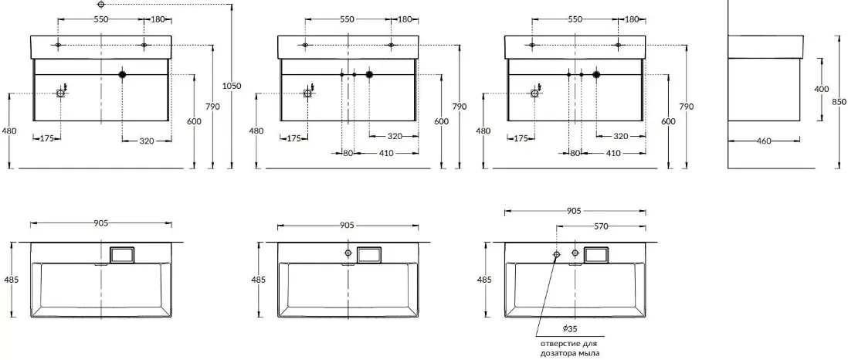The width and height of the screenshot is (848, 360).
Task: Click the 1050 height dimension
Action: (x=232, y=86)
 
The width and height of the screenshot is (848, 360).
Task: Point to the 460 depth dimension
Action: (x=764, y=141)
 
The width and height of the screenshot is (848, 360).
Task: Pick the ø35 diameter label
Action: (x=569, y=328)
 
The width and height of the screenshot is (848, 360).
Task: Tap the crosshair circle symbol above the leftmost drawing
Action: (x=101, y=5)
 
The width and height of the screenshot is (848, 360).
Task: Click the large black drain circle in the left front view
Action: (x=122, y=74)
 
